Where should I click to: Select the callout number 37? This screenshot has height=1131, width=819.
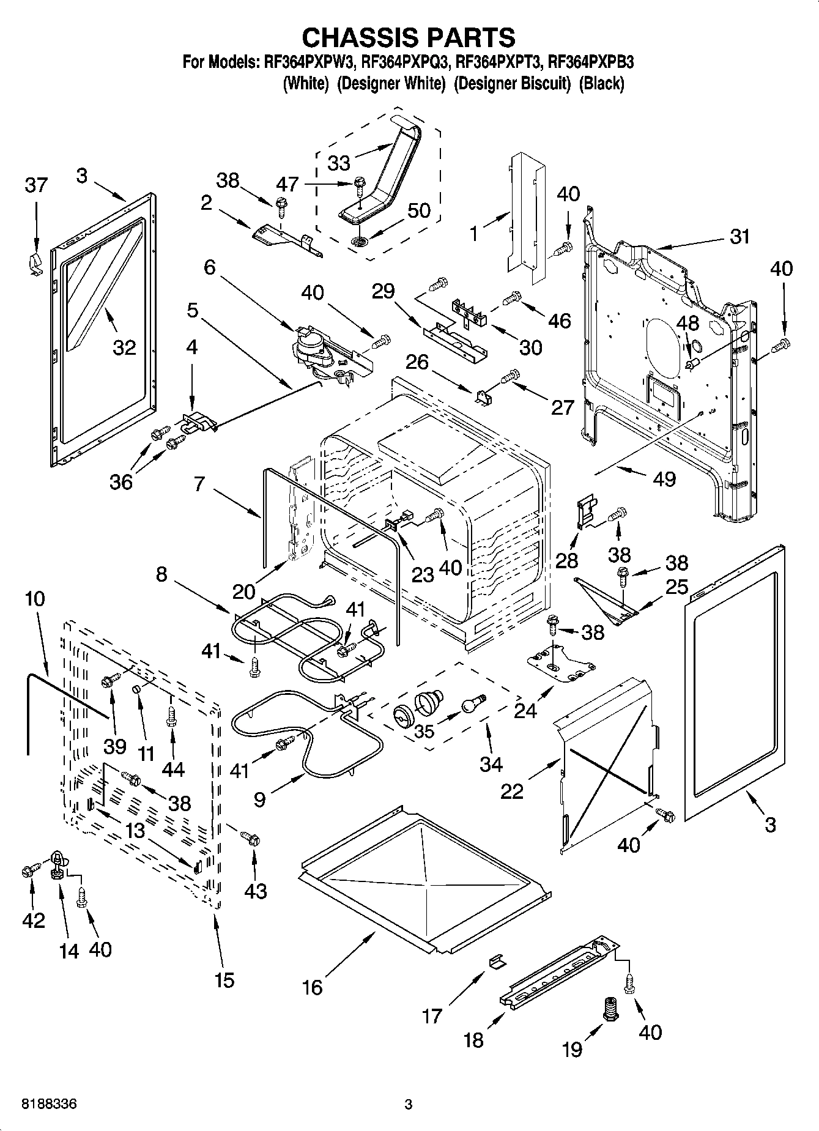click(36, 184)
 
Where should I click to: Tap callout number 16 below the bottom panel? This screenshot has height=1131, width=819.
click(312, 987)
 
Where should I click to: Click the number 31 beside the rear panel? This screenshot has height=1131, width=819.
click(739, 236)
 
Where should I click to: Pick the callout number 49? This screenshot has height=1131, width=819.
click(664, 478)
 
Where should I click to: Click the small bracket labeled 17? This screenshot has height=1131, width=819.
click(497, 962)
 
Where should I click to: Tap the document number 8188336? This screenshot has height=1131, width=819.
click(49, 1104)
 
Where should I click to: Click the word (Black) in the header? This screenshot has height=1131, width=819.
click(601, 84)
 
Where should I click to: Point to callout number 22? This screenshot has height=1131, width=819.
click(512, 791)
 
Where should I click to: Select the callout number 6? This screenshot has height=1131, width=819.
click(210, 267)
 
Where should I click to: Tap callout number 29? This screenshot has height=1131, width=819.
click(384, 291)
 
